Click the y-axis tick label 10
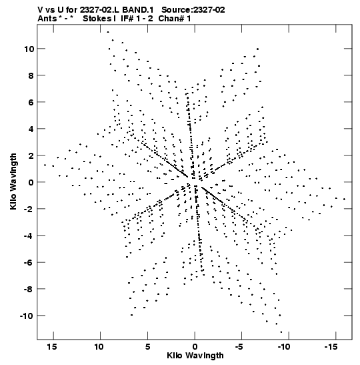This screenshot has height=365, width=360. [x=29, y=49]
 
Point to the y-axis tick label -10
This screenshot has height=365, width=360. [x=27, y=316]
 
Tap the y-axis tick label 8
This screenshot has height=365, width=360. [x=31, y=75]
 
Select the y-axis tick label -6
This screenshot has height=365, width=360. [x=29, y=262]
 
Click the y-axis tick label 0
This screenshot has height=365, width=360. [x=31, y=182]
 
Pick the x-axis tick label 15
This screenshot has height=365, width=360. [x=52, y=346]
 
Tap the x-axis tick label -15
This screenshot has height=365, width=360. [x=331, y=346]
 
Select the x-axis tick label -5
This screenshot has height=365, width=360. [x=239, y=346]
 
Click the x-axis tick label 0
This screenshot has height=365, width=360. [x=195, y=346]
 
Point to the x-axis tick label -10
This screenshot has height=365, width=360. [x=284, y=346]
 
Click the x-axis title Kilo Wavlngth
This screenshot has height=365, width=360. [x=195, y=356]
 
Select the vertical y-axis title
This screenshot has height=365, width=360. [x=13, y=181]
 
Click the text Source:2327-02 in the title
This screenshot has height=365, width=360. [x=193, y=10]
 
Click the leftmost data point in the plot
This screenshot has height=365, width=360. [x=45, y=165]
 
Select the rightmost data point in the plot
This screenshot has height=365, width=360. [x=344, y=199]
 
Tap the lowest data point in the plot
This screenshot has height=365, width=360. [x=281, y=332]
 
